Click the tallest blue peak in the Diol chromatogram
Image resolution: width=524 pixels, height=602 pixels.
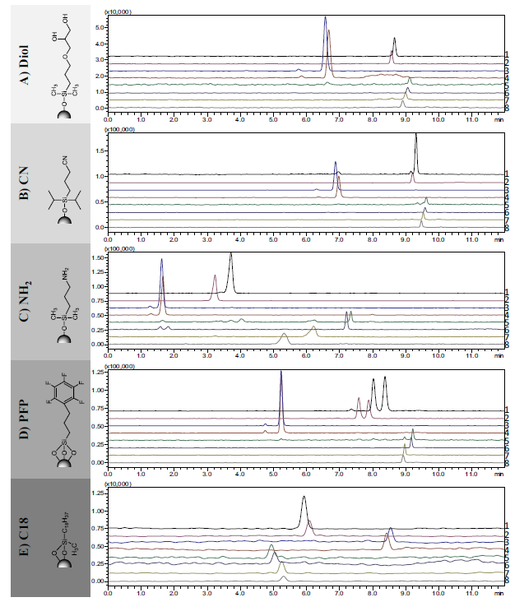tap(325, 18)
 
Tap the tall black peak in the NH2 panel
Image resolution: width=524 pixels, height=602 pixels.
tap(230, 255)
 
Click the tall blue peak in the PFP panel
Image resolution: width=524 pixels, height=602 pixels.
tap(281, 373)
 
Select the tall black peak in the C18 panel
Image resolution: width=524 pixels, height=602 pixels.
tap(304, 498)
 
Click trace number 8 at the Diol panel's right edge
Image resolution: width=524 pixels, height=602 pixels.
tap(507, 108)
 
